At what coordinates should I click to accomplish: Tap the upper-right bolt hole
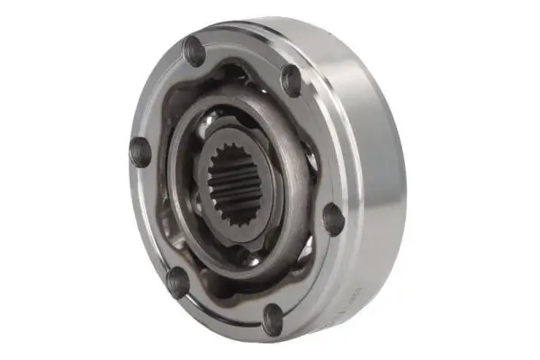291,80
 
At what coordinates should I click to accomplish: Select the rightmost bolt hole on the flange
332,219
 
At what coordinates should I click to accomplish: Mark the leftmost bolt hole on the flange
140,150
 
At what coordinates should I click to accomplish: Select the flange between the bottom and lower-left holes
225,310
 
